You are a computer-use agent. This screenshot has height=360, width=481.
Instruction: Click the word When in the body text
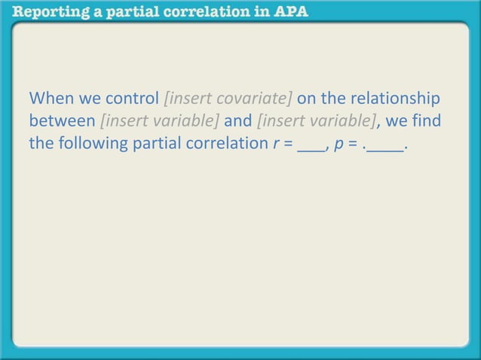pos(49,99)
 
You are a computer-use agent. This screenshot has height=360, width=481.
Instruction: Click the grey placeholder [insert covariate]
pos(228,99)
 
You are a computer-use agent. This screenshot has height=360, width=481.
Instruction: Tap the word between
pos(62,121)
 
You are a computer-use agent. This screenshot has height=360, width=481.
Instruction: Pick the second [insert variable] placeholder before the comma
pos(315,121)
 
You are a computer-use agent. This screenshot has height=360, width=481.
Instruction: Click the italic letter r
pos(277,144)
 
